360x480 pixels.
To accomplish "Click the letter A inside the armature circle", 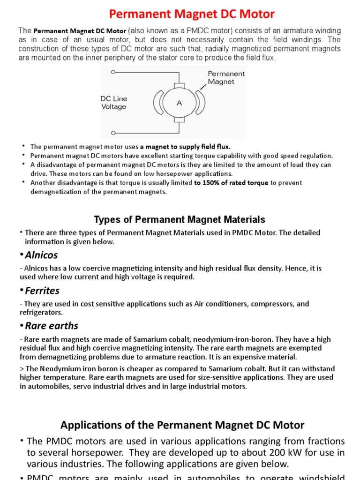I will point(179,103).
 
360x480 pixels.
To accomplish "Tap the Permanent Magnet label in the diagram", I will point(226,77).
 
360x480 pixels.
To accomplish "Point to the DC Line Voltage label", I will point(114,103).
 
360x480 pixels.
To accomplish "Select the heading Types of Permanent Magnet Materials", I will point(180,219).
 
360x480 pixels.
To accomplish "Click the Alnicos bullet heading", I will point(41,255).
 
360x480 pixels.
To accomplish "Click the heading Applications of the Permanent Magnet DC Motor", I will point(182,425).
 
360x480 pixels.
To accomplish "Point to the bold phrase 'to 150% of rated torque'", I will point(232,183).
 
